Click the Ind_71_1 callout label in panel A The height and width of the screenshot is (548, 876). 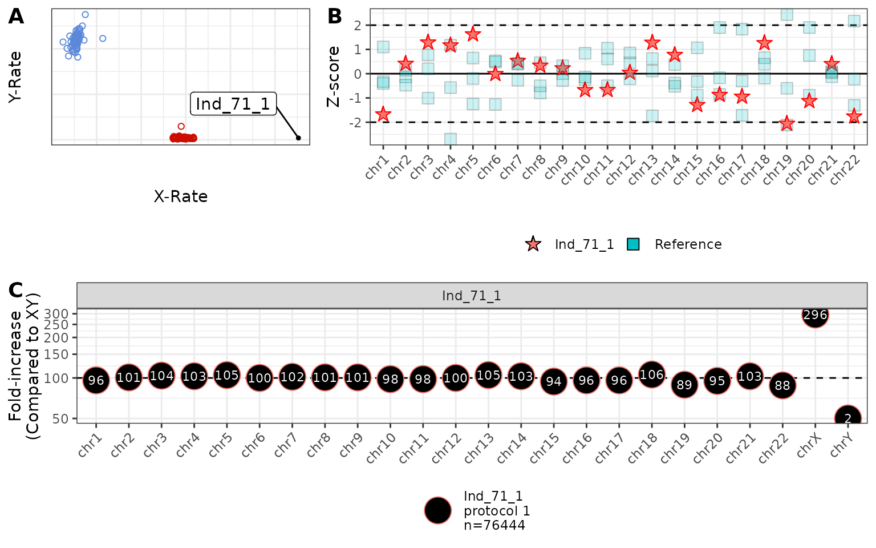click(233, 104)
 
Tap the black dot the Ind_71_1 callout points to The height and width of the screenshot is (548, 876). click(298, 138)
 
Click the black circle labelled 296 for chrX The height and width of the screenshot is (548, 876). click(815, 315)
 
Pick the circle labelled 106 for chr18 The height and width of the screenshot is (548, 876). click(652, 375)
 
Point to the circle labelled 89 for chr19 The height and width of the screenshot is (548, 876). click(684, 385)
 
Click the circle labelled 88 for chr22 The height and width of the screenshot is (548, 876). click(782, 386)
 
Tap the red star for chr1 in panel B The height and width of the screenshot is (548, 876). click(383, 115)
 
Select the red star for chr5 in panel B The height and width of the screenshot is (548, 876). click(473, 34)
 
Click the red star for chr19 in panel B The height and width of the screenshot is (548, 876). click(787, 123)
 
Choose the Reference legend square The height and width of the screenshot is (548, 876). click(633, 244)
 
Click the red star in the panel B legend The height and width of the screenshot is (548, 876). click(533, 244)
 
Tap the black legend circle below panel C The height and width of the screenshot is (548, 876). click(438, 510)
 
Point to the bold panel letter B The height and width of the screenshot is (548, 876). click(335, 17)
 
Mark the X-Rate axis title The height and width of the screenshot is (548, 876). click(181, 196)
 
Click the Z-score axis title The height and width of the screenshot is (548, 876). click(333, 76)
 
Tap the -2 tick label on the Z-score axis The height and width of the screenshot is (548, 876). click(357, 122)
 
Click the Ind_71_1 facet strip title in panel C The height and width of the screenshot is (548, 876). click(472, 296)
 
